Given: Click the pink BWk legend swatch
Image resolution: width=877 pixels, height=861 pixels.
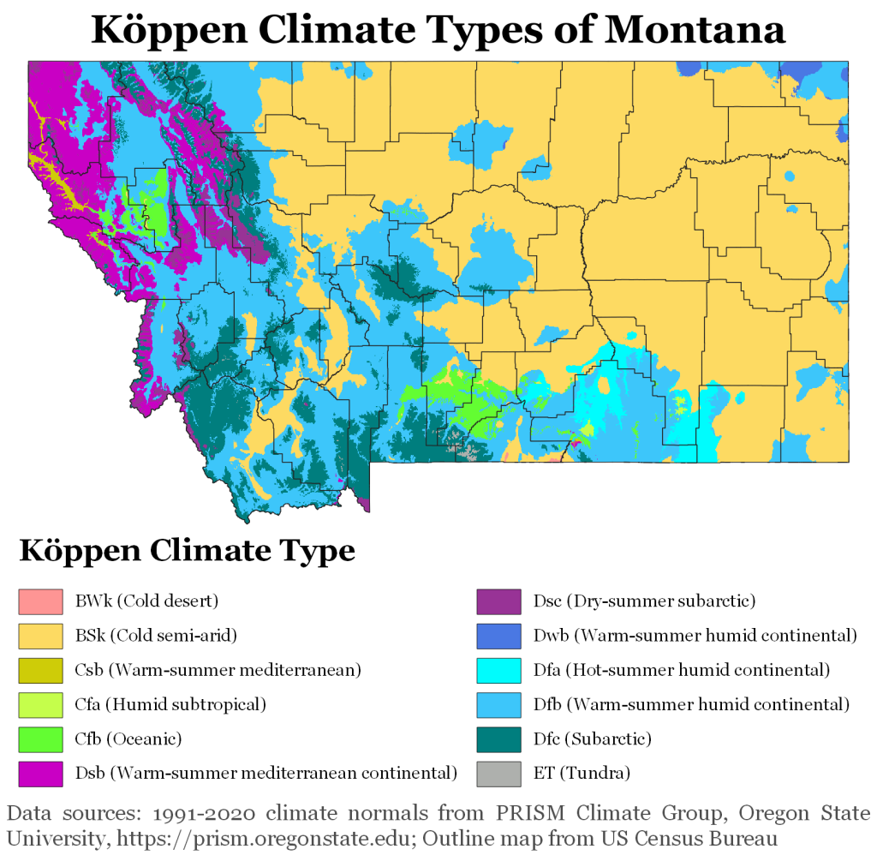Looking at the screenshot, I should coord(41,601).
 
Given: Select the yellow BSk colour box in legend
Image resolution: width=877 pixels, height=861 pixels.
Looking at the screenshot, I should coord(41,636).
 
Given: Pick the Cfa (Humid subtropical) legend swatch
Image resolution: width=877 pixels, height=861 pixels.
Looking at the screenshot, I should coord(41,704).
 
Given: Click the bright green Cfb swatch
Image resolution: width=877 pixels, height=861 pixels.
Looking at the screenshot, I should coord(41,738).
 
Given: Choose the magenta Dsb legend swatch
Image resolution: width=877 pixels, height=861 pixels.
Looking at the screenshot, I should coord(41,773).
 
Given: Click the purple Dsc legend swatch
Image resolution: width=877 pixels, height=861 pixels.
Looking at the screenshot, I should coord(498,601).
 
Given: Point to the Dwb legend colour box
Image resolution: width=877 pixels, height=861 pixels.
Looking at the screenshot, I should coord(498,636).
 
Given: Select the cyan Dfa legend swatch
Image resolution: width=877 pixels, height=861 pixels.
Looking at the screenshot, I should coord(498,670).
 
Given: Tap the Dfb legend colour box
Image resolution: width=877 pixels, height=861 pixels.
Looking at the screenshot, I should coord(498,704).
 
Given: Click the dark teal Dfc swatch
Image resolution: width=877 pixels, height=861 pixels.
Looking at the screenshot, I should coord(498,738).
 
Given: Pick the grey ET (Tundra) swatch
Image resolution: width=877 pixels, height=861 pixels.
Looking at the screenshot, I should coord(498,773).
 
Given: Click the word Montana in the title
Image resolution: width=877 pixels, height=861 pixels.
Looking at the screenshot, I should coord(695,30).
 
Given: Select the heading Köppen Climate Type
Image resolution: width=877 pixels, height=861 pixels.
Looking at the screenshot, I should coord(187,549).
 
